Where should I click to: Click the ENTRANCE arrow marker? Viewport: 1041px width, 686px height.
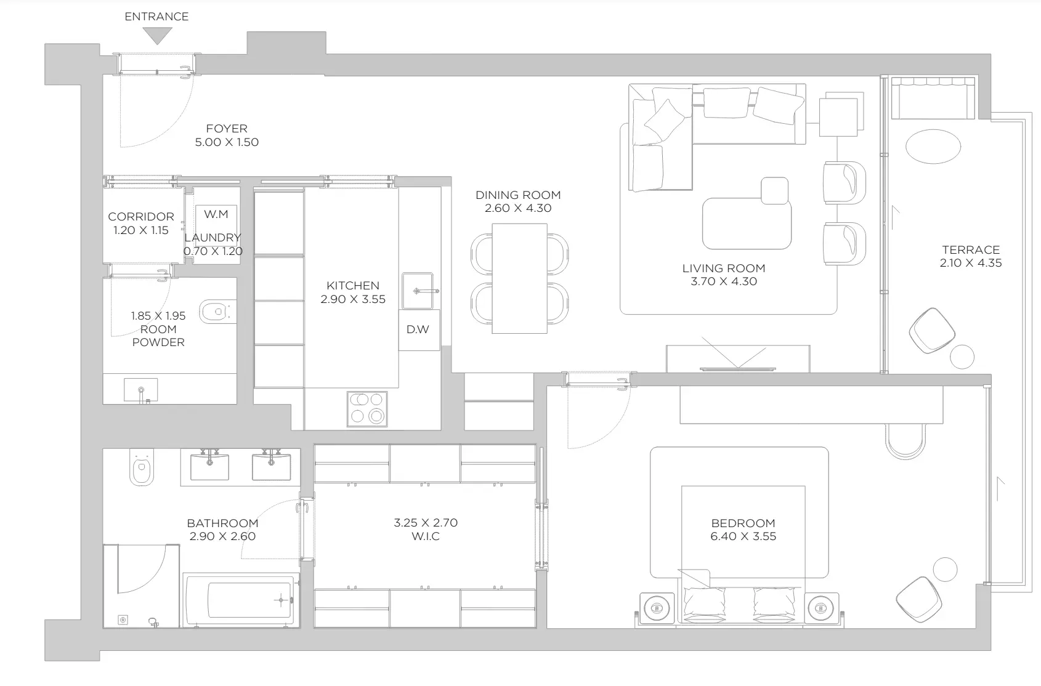tap(157, 35)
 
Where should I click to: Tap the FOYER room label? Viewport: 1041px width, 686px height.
tap(227, 129)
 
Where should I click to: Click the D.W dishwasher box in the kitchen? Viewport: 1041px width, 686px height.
tap(419, 330)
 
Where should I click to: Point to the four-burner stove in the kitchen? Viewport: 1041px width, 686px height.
tap(367, 409)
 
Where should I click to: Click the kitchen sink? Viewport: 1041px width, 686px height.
tap(418, 291)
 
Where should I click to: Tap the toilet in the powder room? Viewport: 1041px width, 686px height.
tap(217, 311)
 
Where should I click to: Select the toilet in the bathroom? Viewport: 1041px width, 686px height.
tap(142, 467)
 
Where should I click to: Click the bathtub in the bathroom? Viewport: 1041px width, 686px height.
tap(241, 600)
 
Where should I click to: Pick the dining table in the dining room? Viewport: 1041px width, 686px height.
tap(519, 279)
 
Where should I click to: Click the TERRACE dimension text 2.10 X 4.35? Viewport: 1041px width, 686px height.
tap(970, 263)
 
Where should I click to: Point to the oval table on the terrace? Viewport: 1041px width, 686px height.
tap(933, 147)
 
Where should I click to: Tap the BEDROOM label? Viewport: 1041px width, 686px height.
tap(743, 523)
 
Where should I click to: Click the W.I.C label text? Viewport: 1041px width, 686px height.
tap(426, 536)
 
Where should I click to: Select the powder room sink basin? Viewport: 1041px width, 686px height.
tap(140, 390)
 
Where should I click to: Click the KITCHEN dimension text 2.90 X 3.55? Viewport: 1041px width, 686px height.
tap(353, 299)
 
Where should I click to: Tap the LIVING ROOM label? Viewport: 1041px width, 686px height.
tap(724, 268)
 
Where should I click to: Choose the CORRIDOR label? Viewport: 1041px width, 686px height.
tap(141, 217)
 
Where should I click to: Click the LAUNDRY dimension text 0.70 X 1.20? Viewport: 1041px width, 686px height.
tap(213, 252)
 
